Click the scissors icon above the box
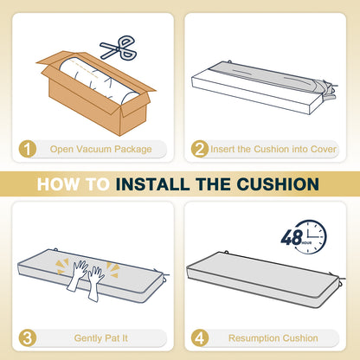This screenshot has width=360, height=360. click(x=119, y=48)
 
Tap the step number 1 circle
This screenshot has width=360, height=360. click(x=28, y=149)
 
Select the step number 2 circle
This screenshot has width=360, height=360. click(x=200, y=149)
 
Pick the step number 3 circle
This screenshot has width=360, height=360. click(x=28, y=338)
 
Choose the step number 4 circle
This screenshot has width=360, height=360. click(x=200, y=338)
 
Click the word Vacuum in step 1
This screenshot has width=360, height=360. click(x=94, y=149)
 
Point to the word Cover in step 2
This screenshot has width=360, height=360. click(x=324, y=149)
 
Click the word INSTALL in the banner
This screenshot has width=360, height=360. click(x=152, y=184)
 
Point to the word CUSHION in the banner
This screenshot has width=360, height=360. click(x=278, y=184)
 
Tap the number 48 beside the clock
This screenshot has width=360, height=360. click(x=292, y=237)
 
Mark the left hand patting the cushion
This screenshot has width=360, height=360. click(x=77, y=275)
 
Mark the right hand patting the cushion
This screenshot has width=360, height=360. click(x=95, y=284)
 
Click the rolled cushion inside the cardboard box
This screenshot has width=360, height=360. click(x=99, y=82)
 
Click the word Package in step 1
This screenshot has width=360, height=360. click(x=133, y=150)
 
